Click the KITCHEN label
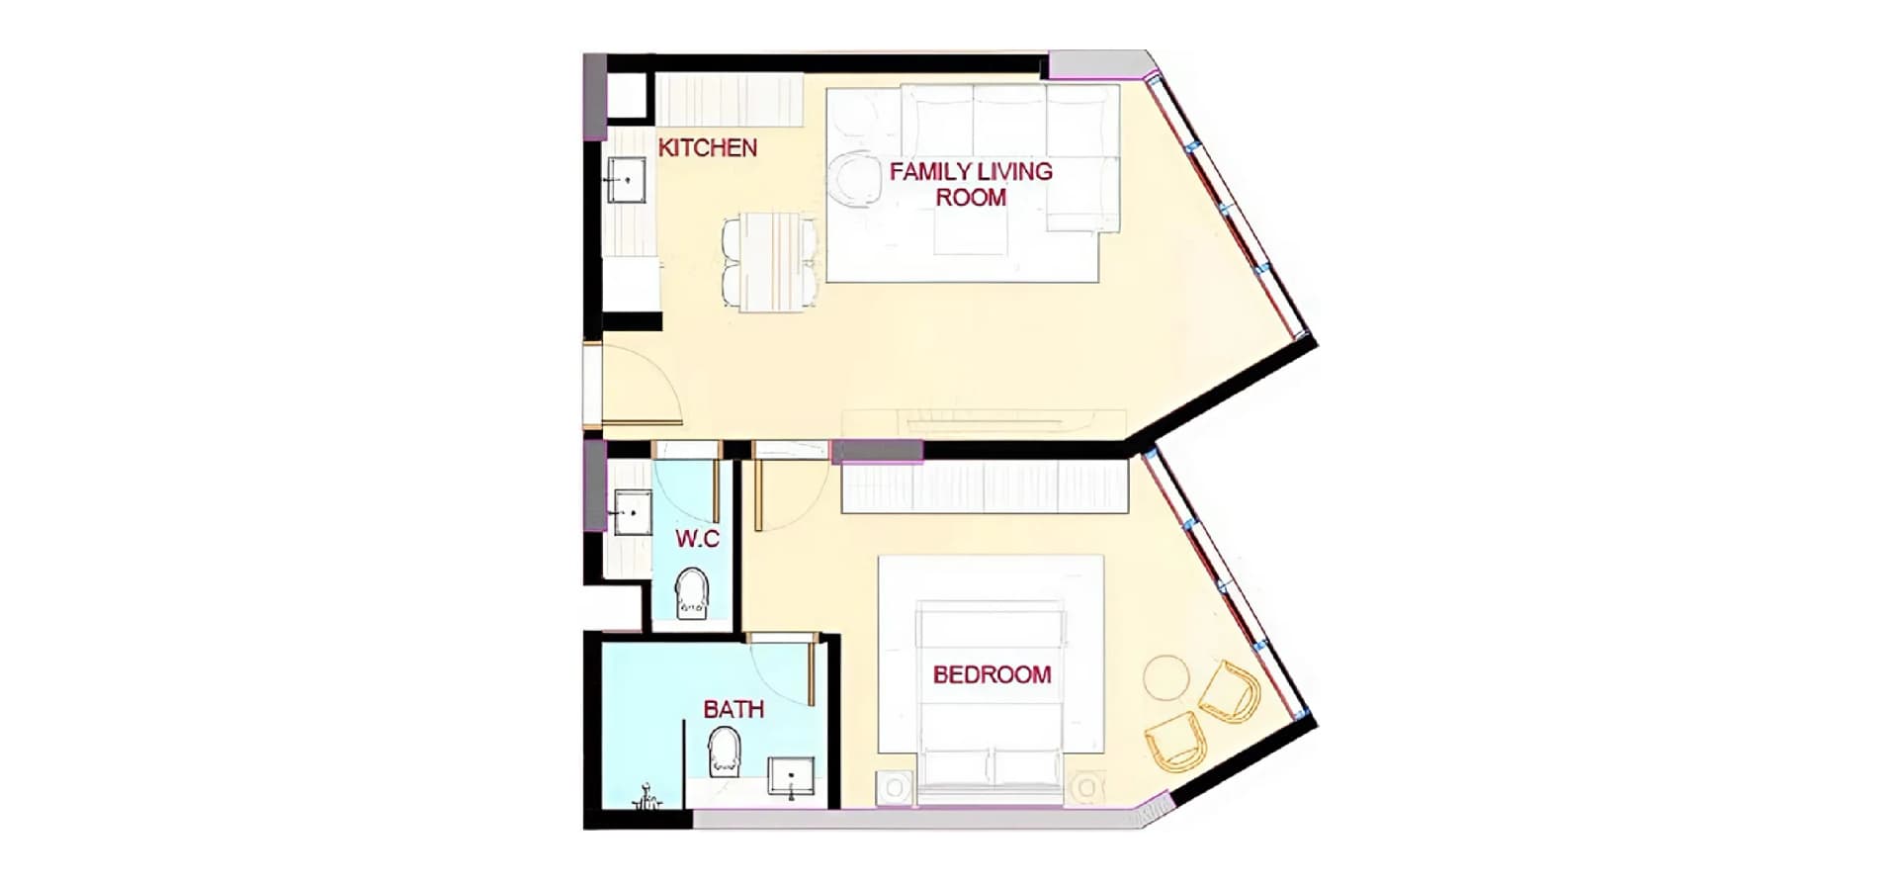pos(708,148)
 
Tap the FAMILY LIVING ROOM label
pos(971,184)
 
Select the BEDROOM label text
pos(992,675)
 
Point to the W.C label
pos(697,539)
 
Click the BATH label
pos(733,709)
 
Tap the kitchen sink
pos(625,180)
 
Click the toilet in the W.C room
pos(692,593)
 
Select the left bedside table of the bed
pos(896,788)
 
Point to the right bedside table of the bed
pos(1086,788)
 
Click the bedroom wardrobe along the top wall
pos(985,487)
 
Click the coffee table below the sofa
pos(971,233)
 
